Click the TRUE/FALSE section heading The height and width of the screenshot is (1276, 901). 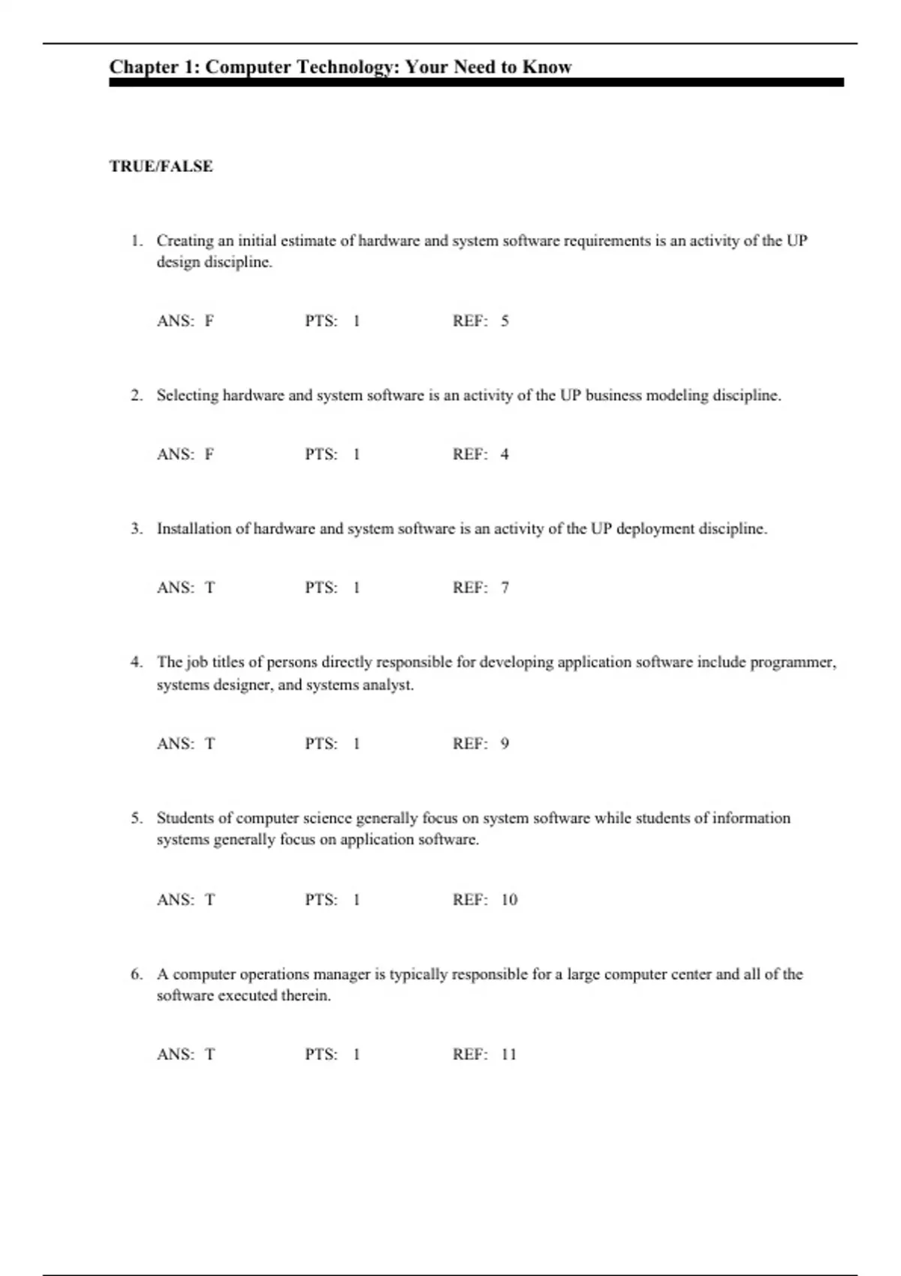(161, 167)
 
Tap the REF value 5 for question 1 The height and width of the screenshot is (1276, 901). (505, 321)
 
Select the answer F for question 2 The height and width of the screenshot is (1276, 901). (209, 455)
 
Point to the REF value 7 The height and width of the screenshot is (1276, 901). (505, 588)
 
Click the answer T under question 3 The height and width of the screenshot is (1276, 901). (209, 588)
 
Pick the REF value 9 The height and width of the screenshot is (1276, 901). (505, 744)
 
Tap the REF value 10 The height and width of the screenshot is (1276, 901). (509, 900)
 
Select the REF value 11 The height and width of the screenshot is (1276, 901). (508, 1055)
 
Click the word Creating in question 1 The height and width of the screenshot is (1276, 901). (185, 241)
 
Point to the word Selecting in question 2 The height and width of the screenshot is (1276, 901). (187, 396)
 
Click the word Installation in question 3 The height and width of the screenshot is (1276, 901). (194, 528)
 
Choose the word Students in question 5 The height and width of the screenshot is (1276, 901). (185, 818)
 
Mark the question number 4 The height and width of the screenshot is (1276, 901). (136, 662)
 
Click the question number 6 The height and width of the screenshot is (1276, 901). (136, 974)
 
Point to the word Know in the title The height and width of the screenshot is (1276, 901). (547, 67)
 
